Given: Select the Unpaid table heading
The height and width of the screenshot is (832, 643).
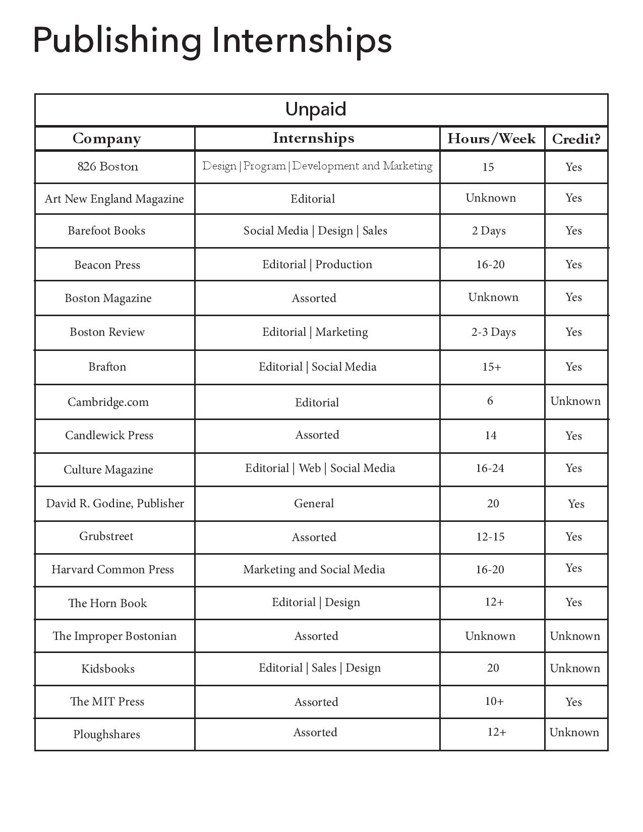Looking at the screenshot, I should (316, 109).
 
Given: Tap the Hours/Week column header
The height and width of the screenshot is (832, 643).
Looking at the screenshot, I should (491, 139).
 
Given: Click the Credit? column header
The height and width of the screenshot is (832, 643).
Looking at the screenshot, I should (576, 139).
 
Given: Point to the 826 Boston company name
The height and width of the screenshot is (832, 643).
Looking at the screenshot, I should (107, 167).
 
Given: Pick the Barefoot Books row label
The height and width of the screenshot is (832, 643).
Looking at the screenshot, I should (106, 231).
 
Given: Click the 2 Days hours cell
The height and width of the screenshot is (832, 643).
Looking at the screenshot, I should (489, 231).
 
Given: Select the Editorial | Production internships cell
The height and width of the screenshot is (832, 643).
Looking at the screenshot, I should (317, 265).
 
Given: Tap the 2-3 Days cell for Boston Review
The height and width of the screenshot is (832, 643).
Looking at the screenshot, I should (493, 332).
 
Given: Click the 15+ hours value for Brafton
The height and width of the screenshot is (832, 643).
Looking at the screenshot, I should (492, 367).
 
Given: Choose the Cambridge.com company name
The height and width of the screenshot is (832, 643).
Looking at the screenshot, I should (108, 402).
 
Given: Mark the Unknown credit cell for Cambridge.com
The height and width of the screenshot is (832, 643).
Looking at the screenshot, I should (575, 401).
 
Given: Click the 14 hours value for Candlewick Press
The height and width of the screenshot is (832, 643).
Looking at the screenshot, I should (491, 436).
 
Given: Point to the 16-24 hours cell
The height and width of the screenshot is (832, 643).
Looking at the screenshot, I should (490, 468).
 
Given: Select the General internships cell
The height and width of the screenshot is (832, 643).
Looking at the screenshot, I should (314, 504).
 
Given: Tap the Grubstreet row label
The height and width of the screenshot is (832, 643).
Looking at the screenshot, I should (106, 537).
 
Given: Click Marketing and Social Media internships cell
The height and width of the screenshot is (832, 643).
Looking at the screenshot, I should (314, 570).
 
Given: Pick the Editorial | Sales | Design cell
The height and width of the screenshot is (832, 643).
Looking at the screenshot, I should (320, 668).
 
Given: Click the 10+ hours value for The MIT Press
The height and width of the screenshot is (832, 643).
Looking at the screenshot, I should (494, 701).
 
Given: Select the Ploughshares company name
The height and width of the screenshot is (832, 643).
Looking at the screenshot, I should (106, 735).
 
